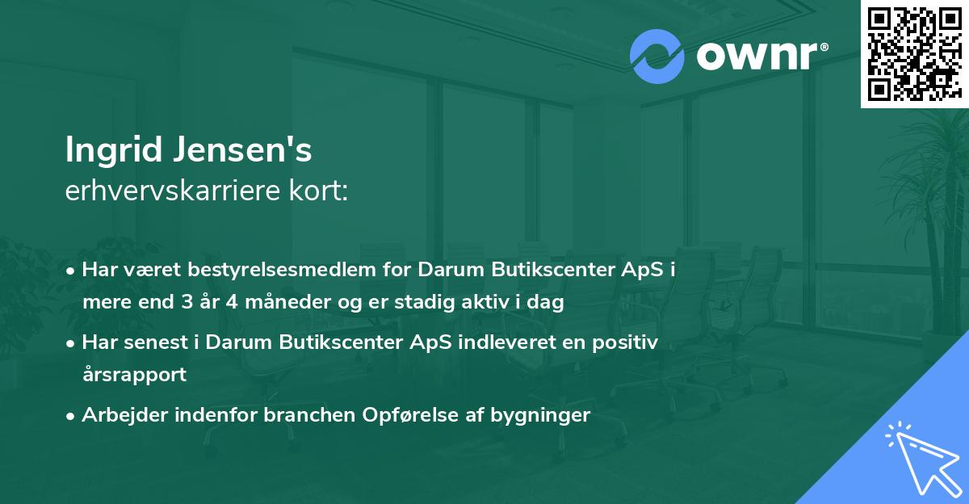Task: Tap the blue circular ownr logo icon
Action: tap(657, 57)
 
